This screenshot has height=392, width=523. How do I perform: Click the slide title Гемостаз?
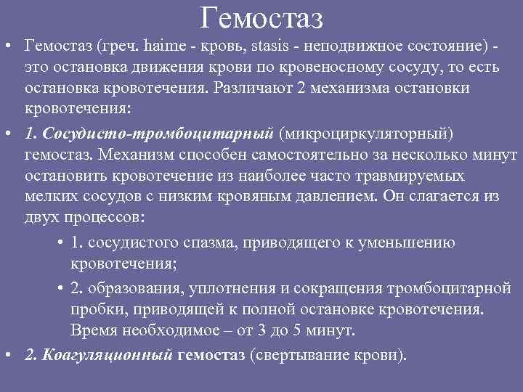click(261, 17)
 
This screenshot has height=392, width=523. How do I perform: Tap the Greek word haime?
click(166, 48)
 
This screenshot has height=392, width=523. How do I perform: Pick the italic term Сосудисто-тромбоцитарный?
click(158, 134)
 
